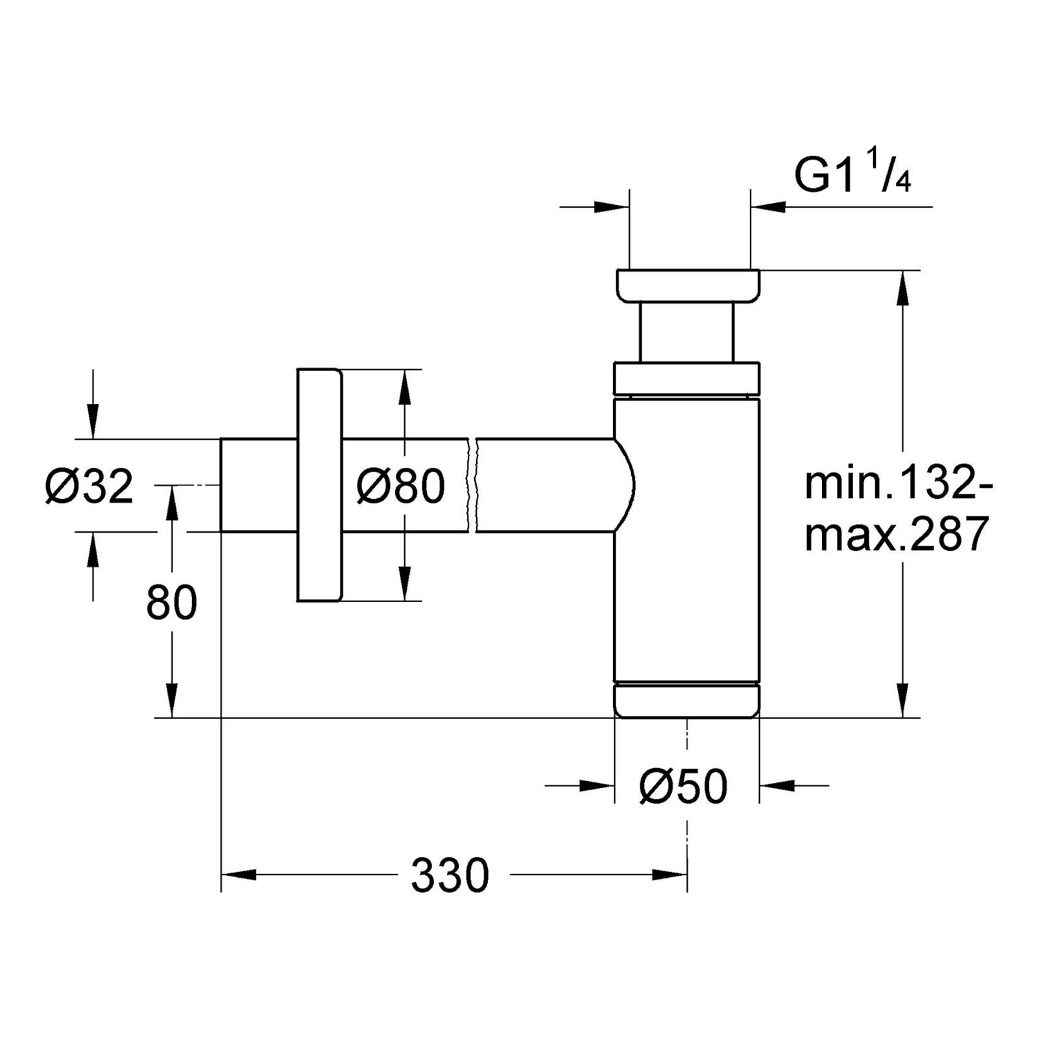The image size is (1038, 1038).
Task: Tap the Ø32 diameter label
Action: (89, 487)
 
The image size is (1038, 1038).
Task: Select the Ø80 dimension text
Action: (400, 487)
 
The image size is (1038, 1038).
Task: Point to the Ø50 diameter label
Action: (683, 787)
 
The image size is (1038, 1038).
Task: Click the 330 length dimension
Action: (449, 876)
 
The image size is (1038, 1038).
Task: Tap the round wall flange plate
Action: (319, 485)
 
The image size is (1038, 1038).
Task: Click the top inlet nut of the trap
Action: (688, 285)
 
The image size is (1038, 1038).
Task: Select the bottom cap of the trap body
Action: (686, 700)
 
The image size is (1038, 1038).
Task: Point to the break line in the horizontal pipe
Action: (472, 485)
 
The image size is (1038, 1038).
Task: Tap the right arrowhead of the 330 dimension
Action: (671, 875)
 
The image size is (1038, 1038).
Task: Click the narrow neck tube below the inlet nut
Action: (687, 332)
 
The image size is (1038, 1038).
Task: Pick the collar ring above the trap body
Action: (686, 378)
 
